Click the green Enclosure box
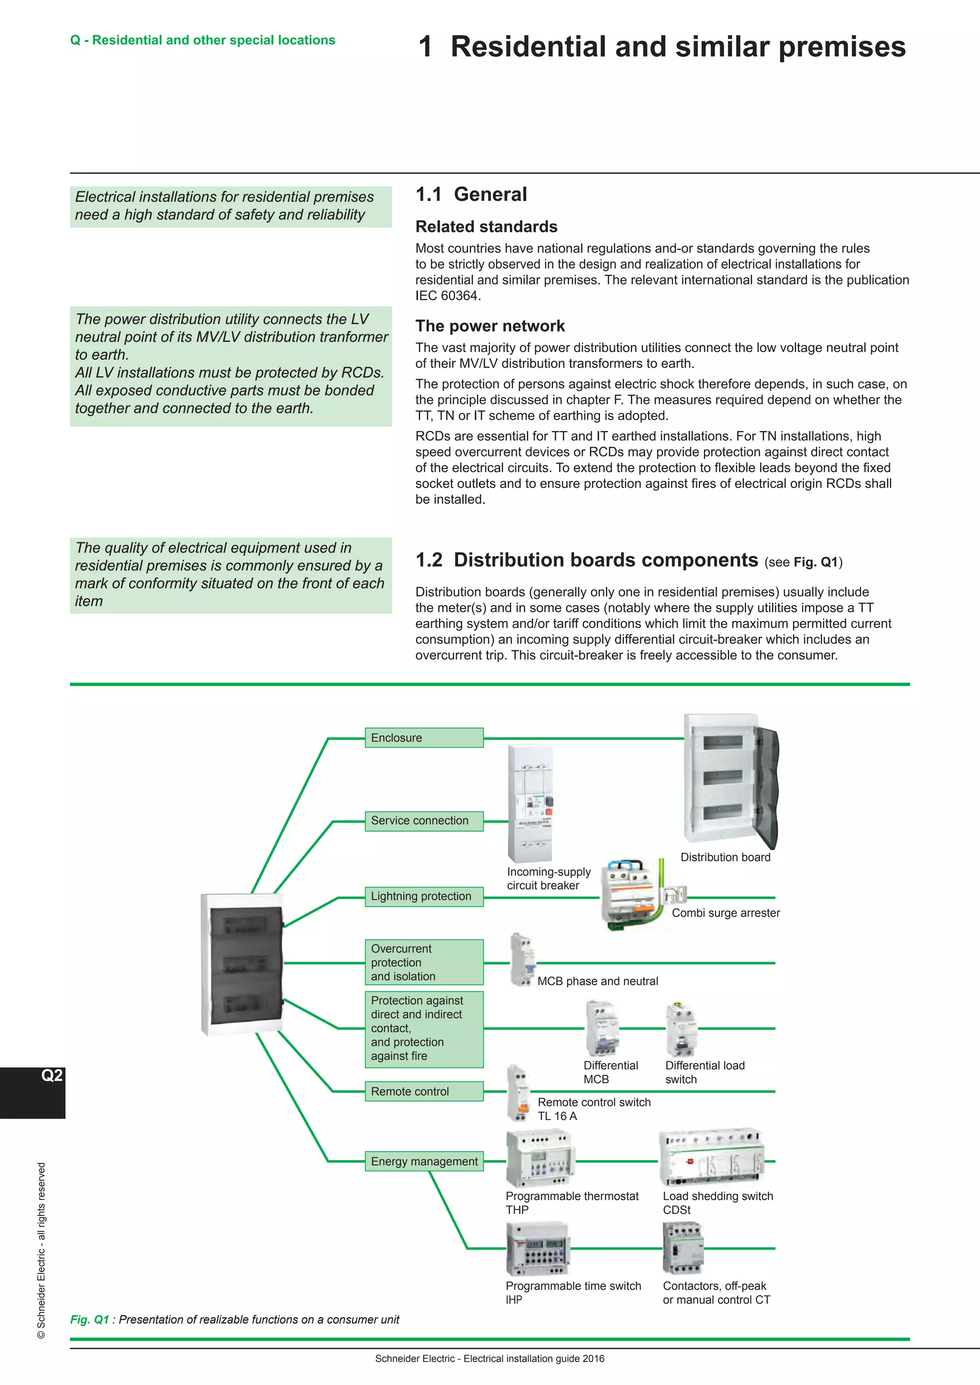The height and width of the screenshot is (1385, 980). click(423, 738)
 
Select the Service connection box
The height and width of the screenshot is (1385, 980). click(423, 821)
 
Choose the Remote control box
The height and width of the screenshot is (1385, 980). click(423, 1091)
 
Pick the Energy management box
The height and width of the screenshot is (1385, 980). click(423, 1161)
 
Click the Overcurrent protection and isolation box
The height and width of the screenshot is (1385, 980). click(423, 962)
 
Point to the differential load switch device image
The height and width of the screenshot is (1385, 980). click(681, 1029)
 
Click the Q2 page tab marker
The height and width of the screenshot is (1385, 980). click(51, 1076)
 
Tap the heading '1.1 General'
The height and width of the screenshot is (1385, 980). click(471, 194)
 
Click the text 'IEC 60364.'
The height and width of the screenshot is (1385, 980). click(448, 296)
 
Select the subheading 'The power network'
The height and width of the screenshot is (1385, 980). click(490, 326)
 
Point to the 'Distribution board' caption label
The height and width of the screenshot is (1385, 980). click(725, 857)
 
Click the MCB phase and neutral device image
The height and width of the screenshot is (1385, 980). click(523, 959)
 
